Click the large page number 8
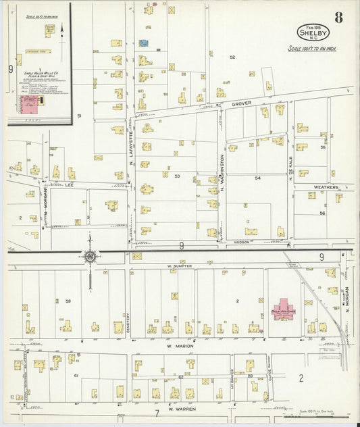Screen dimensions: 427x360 point(337,18)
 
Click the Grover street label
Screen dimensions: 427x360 point(241,104)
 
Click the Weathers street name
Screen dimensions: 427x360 point(325,187)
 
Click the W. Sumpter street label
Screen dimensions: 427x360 point(180,266)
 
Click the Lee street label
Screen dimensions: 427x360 point(68,184)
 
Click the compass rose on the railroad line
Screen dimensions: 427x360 point(89,255)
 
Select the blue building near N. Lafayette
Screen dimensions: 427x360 point(143,43)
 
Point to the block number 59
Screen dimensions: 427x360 point(68,301)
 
